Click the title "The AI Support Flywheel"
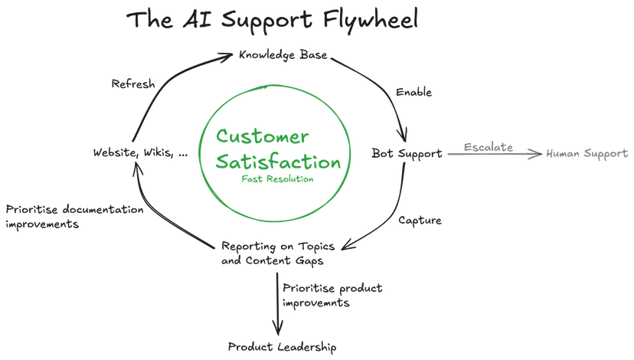(x=273, y=20)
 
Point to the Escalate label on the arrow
(x=487, y=146)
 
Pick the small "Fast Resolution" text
(x=277, y=178)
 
